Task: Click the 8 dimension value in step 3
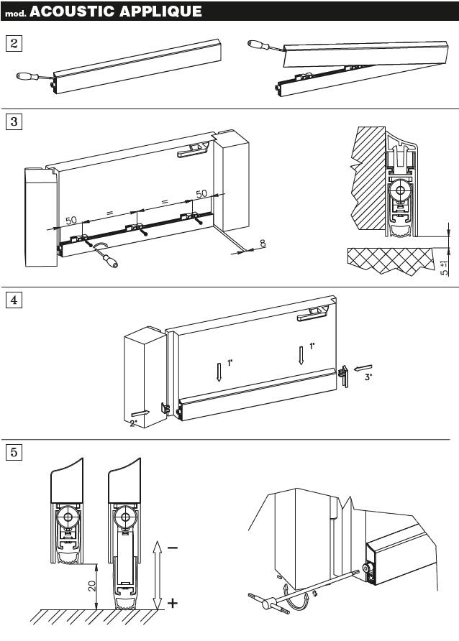click(262, 244)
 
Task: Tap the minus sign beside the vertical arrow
click(173, 549)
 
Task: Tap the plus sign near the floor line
click(173, 604)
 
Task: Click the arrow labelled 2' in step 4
click(141, 415)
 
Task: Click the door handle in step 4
click(314, 311)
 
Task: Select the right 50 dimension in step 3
click(201, 194)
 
